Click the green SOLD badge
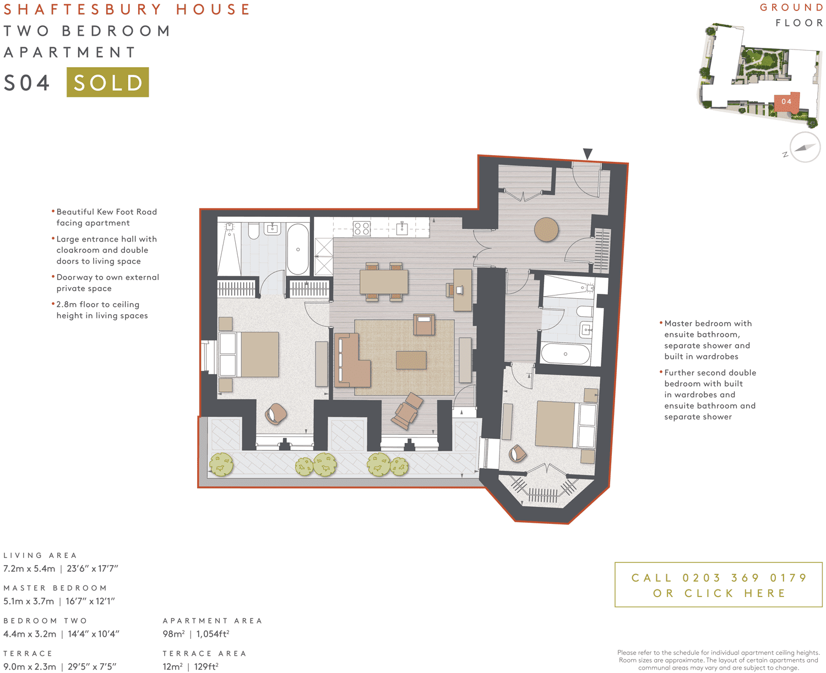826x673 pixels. [107, 82]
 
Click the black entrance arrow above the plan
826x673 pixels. [588, 154]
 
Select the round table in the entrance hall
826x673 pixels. [546, 229]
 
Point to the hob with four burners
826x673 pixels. [361, 228]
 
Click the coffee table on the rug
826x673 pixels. [411, 360]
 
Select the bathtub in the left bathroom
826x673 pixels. [298, 249]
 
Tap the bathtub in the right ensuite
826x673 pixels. [566, 353]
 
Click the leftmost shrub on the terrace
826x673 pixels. [221, 465]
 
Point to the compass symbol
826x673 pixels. [805, 147]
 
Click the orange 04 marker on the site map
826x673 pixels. [786, 102]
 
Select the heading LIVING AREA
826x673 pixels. [40, 555]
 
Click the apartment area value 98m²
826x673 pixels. [173, 634]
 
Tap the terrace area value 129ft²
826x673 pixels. [206, 666]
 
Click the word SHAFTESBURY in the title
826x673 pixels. [83, 9]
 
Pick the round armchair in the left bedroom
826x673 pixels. [275, 413]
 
